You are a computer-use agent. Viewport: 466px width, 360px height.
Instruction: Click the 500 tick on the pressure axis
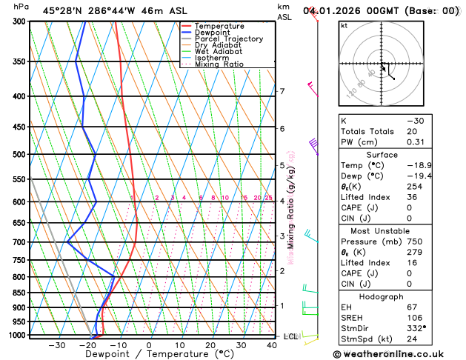tap(20, 154)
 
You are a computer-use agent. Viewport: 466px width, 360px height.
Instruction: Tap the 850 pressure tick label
tap(20, 293)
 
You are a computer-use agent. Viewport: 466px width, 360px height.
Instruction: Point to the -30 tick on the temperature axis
tap(57, 345)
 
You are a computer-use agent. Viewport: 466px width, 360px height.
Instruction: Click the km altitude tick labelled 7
tap(282, 91)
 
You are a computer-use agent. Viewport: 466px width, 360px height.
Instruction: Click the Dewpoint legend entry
tap(215, 33)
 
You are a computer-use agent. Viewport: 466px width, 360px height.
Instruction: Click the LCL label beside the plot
tap(290, 336)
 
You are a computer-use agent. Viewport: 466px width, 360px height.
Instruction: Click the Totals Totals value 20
tap(413, 131)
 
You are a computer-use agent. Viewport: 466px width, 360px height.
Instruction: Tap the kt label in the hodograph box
tap(344, 25)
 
